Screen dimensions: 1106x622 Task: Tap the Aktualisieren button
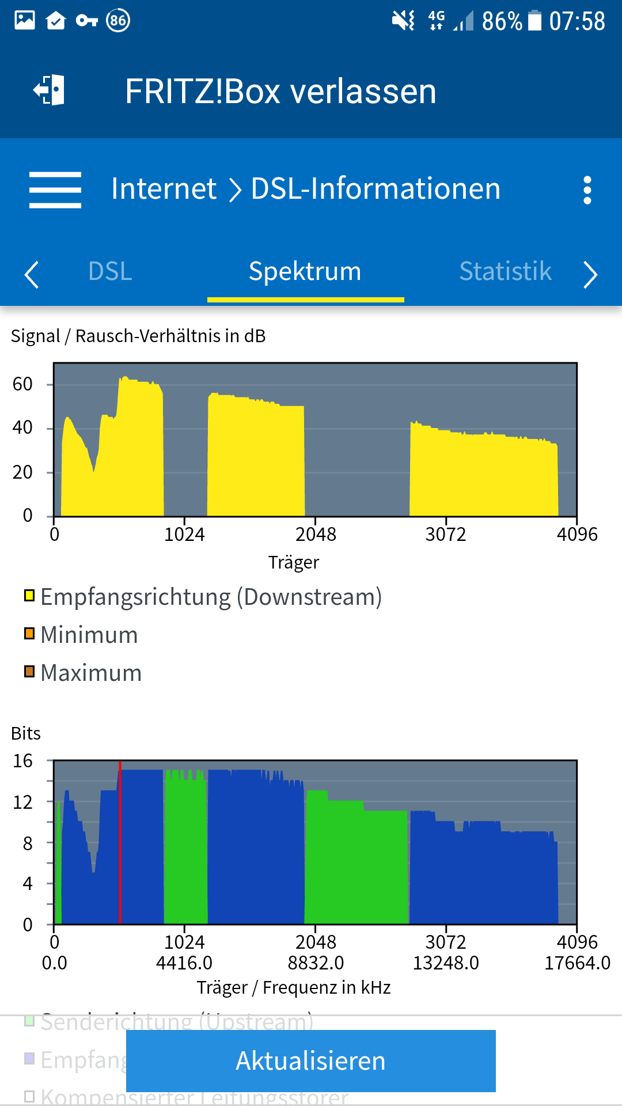(x=310, y=1060)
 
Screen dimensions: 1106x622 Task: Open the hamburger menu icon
(x=55, y=190)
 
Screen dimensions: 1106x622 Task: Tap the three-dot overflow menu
(x=587, y=190)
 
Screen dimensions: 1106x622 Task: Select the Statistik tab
(x=505, y=271)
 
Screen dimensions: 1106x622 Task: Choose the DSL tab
(x=110, y=271)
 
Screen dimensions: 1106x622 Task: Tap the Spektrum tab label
(x=305, y=271)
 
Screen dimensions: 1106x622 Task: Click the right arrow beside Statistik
(x=590, y=274)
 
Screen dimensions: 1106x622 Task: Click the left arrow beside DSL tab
(x=32, y=274)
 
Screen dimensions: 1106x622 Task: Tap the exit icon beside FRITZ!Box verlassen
(x=49, y=90)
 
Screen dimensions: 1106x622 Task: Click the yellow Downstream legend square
(x=29, y=596)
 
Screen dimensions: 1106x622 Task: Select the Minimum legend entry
(x=89, y=635)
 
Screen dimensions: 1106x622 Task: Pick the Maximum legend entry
(x=91, y=673)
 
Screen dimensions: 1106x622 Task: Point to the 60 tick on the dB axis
(x=23, y=384)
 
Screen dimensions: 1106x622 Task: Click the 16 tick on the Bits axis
(x=23, y=761)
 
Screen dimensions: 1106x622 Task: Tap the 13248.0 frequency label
(x=446, y=963)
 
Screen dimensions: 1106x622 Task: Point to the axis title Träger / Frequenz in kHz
(x=294, y=987)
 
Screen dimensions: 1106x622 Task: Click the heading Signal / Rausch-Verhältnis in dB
(x=138, y=336)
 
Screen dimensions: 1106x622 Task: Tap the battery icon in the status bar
(x=535, y=21)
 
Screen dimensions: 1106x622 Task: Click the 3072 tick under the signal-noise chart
(x=446, y=535)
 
